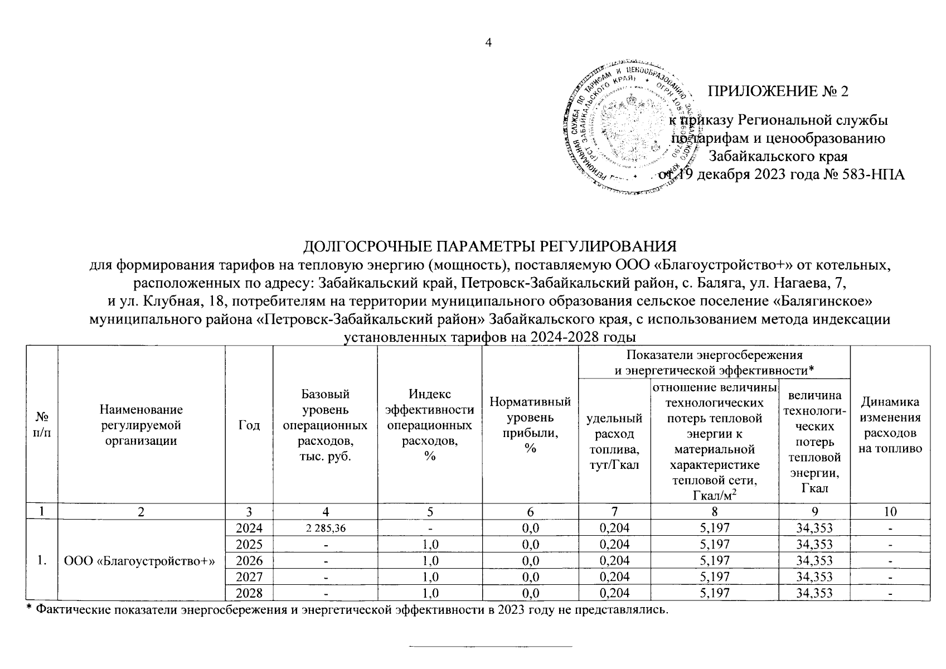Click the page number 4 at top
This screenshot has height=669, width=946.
(x=488, y=44)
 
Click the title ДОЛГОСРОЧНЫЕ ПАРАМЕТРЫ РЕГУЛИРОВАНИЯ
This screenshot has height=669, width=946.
(x=489, y=247)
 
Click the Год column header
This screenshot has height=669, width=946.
(x=249, y=425)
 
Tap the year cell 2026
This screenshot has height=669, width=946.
(x=249, y=560)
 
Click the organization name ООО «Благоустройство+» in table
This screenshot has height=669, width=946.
(x=140, y=560)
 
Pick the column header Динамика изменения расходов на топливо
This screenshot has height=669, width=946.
(x=890, y=425)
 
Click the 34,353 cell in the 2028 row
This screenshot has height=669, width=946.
(x=814, y=593)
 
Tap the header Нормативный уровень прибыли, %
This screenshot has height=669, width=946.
(x=530, y=425)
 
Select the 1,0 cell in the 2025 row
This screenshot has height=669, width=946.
(x=429, y=545)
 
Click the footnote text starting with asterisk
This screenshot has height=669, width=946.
(x=346, y=609)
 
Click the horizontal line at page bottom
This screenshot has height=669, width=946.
(x=491, y=647)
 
